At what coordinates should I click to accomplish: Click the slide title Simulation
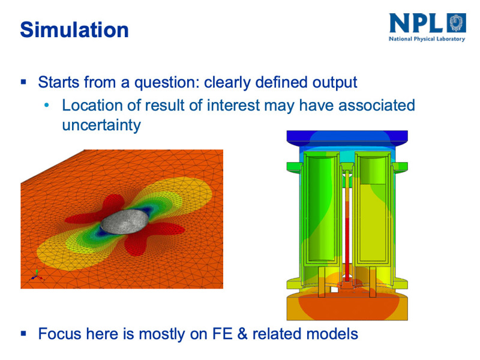74,30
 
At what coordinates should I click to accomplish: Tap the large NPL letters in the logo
416,23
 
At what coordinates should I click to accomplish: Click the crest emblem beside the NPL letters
456,23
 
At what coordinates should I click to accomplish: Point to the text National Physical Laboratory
427,39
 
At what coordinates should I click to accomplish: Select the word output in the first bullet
335,83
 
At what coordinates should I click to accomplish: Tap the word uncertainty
101,125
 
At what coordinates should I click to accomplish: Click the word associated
377,106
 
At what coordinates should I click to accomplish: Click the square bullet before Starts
23,82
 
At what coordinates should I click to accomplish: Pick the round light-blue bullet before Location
47,106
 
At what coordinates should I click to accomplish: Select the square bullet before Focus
23,334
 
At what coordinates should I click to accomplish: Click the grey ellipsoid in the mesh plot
125,221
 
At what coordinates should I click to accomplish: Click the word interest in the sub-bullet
233,106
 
